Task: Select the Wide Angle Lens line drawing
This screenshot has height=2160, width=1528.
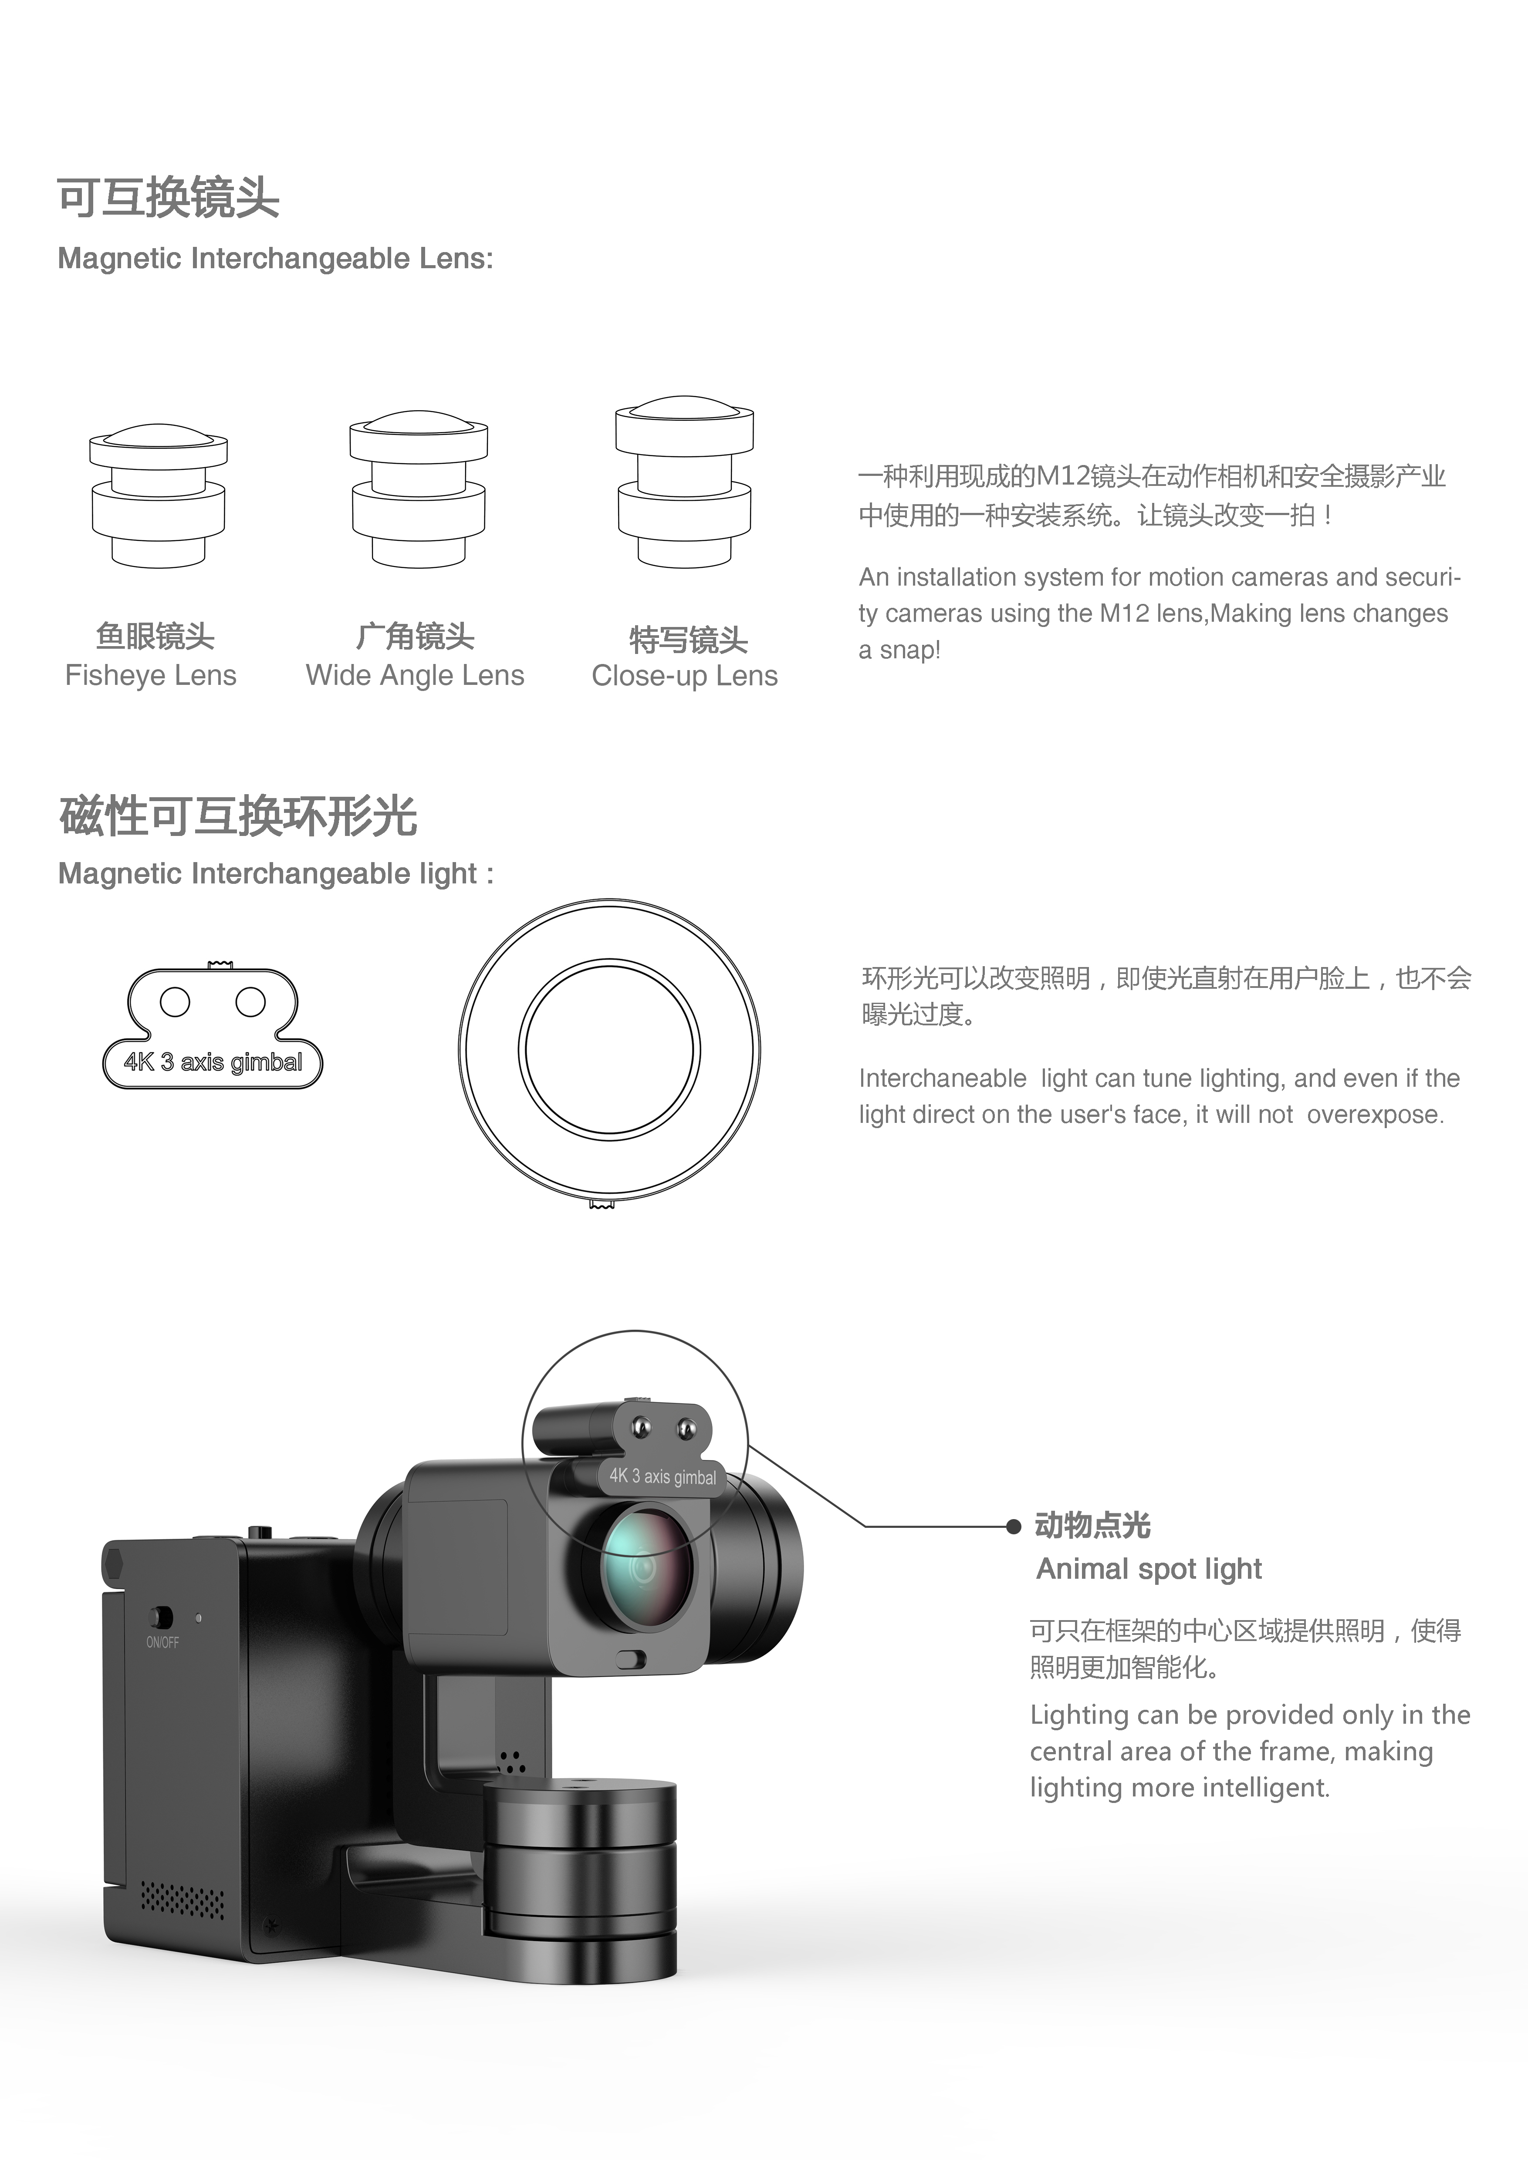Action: [419, 489]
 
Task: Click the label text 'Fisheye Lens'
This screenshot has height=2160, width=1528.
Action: [151, 675]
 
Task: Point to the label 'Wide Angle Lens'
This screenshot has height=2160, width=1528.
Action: [415, 675]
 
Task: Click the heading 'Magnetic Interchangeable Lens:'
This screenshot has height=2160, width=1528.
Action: [275, 259]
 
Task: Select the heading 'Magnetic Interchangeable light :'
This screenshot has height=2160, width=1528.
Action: [276, 874]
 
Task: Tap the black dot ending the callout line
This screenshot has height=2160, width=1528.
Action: [1013, 1526]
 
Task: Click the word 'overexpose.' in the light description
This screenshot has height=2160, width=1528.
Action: [1375, 1115]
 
